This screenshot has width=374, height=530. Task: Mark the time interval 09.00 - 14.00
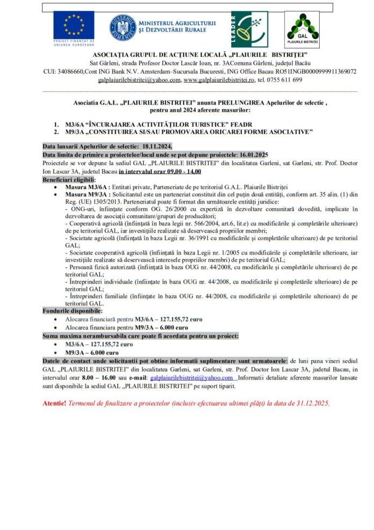click(x=175, y=171)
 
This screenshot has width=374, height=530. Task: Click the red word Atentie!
click(x=55, y=402)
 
